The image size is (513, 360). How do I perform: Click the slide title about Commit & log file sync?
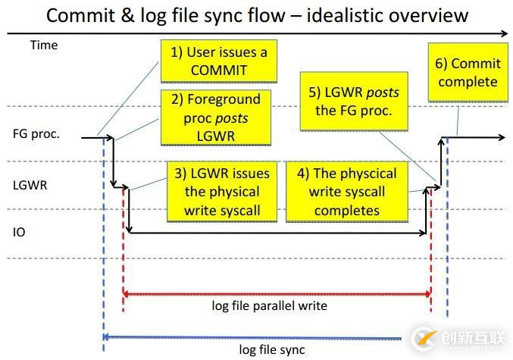pos(255,14)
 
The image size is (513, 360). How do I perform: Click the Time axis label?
pos(44,45)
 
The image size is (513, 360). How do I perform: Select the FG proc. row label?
pos(36,134)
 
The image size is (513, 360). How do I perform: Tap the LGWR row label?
pos(30,183)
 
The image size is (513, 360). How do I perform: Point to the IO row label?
pos(19,232)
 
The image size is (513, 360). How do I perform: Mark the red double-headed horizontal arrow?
pos(277,293)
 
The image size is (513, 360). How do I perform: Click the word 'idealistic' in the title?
pos(349,14)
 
